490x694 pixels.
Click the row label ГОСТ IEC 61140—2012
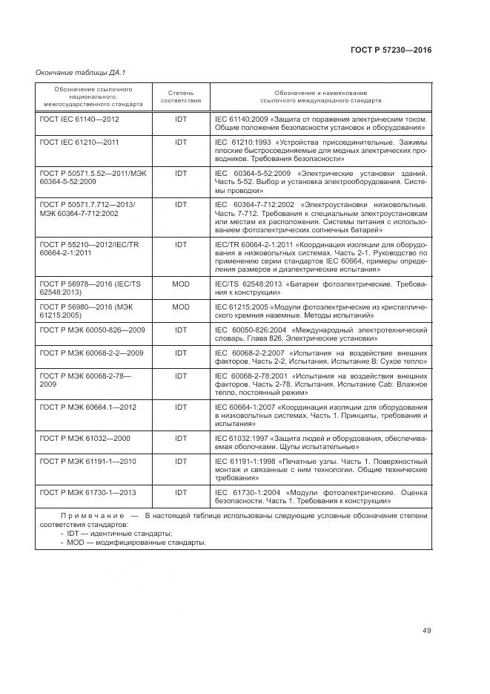79,119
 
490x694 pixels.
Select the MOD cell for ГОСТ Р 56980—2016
181,307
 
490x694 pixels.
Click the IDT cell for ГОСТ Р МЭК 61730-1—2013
181,493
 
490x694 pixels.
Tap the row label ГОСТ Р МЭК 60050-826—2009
92,330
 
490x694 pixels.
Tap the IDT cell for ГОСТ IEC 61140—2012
181,119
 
